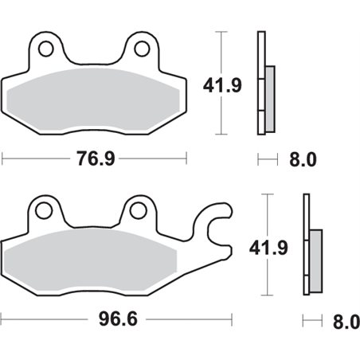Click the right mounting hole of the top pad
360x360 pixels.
[142, 49]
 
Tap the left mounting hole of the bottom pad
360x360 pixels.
[44, 211]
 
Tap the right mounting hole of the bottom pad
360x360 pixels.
[140, 211]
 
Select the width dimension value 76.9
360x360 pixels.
[94, 159]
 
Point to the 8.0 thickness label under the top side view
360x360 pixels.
[302, 160]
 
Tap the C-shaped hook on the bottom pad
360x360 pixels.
[220, 232]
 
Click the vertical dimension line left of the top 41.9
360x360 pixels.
[221, 83]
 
